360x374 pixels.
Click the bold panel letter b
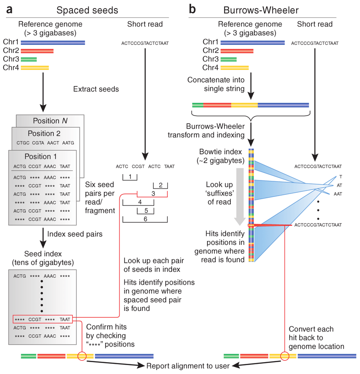click(x=191, y=9)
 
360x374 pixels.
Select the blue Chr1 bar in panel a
click(x=53, y=43)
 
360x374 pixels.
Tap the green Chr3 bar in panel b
click(x=228, y=59)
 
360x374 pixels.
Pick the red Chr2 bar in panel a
click(x=37, y=51)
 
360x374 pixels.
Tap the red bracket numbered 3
click(x=152, y=193)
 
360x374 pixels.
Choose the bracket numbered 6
click(x=145, y=219)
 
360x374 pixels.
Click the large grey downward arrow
click(x=240, y=195)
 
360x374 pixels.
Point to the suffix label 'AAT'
click(x=337, y=194)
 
